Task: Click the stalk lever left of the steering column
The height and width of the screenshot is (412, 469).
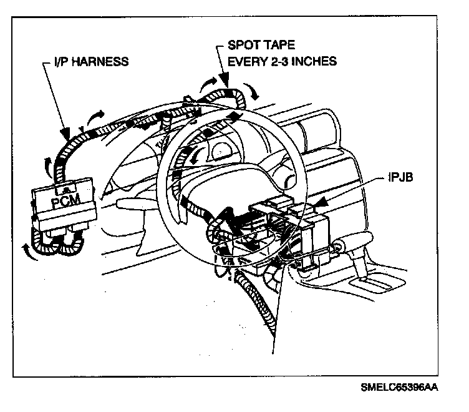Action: tap(134, 204)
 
